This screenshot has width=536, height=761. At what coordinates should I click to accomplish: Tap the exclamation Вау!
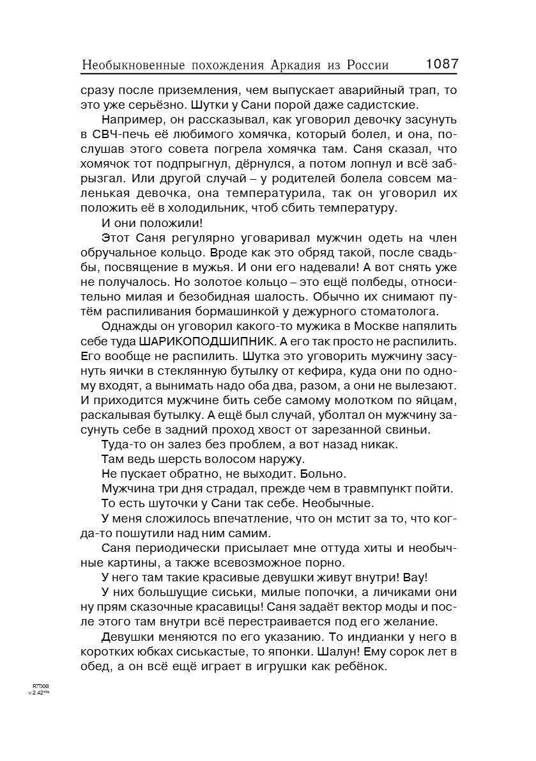click(414, 576)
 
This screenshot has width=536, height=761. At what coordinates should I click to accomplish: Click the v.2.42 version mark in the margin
click(39, 692)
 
